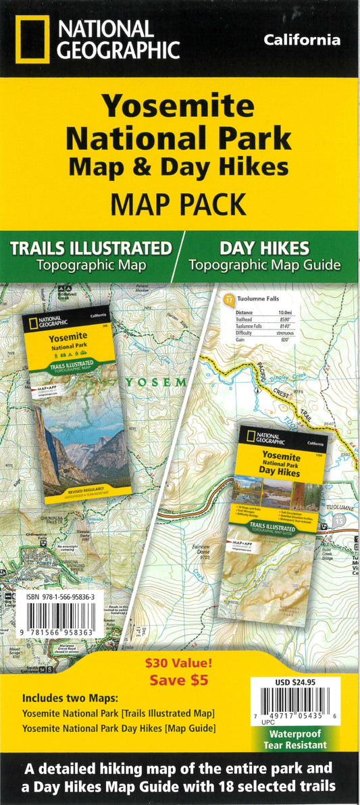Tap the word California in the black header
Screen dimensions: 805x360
point(301,41)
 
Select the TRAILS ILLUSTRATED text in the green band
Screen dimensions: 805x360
point(91,248)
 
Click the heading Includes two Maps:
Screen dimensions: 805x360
point(63,698)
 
